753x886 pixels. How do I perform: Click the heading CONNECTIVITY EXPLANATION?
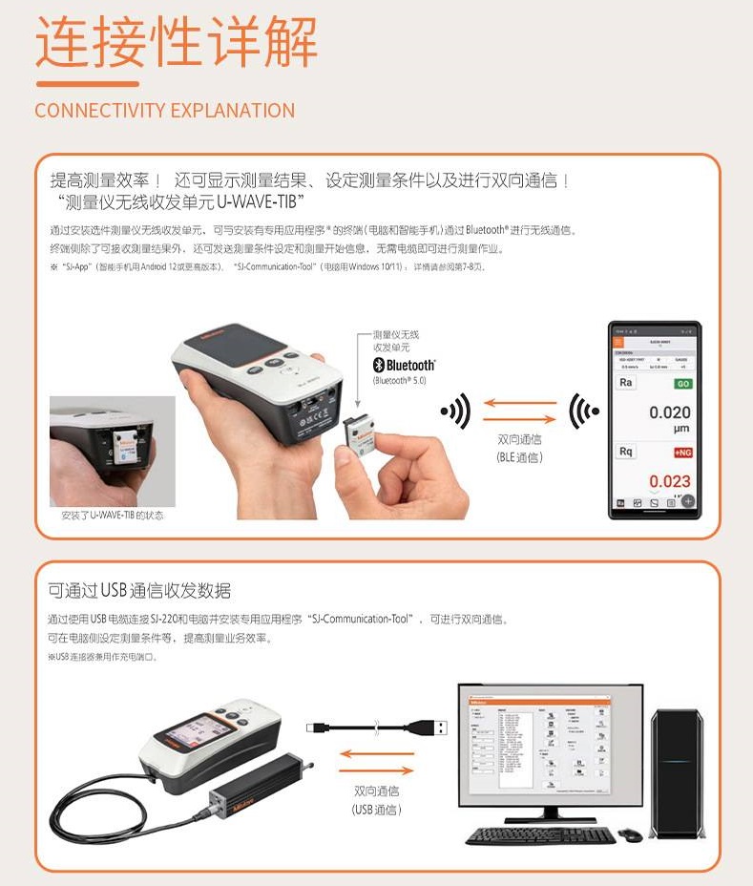[x=164, y=110]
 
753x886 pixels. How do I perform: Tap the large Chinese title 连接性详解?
[x=177, y=42]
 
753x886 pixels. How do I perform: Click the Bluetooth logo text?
[x=404, y=365]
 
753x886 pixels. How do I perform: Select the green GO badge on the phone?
[x=682, y=383]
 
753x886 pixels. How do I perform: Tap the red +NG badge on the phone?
[x=681, y=452]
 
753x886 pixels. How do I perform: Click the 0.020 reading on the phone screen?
[x=669, y=412]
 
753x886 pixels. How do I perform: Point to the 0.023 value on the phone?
[x=669, y=481]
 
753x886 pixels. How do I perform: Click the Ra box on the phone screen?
[x=626, y=383]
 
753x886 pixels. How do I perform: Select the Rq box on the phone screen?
[x=626, y=452]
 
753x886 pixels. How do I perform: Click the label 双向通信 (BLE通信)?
[x=519, y=449]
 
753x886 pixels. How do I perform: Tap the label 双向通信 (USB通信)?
[x=376, y=800]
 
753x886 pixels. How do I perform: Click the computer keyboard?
[x=541, y=834]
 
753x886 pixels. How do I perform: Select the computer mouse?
[x=630, y=834]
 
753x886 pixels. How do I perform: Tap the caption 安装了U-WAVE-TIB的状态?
[x=112, y=516]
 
